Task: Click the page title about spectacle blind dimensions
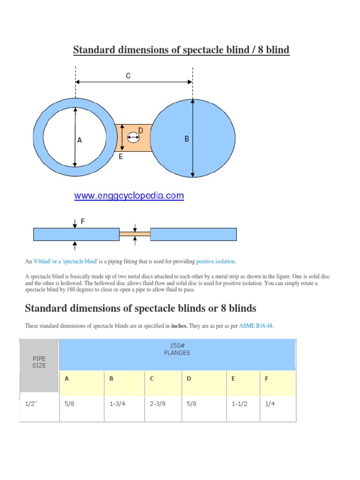point(181,49)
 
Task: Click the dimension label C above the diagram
point(128,75)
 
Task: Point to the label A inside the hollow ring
point(80,140)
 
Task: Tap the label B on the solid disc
point(187,139)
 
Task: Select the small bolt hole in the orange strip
point(133,137)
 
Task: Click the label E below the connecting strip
point(120,157)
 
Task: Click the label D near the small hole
point(140,130)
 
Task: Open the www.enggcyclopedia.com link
point(129,196)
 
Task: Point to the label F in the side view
point(83,221)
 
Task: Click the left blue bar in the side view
point(76,234)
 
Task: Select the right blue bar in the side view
point(193,234)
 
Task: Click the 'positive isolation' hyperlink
point(216,261)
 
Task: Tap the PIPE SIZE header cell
point(39,362)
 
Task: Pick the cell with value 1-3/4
point(117,404)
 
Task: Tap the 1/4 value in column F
point(270,404)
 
